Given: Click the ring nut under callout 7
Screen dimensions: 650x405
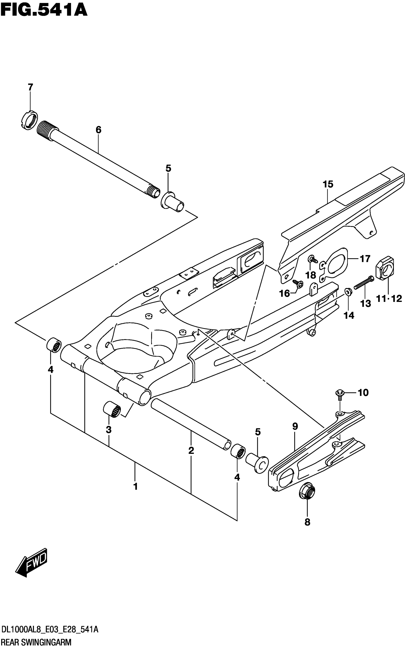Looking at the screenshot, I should coord(29,120).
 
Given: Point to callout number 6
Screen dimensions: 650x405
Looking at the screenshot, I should coord(98,130).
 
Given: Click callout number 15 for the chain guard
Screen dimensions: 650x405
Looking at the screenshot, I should coord(328,184).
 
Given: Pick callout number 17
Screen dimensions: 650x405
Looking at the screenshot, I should coord(365,259).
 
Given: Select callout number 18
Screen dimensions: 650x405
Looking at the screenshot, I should coord(311,275).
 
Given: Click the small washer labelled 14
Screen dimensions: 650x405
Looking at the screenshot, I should coord(348,291).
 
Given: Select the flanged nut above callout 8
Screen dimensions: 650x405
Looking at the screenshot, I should coord(307,492).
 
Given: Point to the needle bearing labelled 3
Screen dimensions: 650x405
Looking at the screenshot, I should coord(112,410).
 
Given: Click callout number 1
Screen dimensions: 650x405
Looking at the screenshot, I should coord(136,486).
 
